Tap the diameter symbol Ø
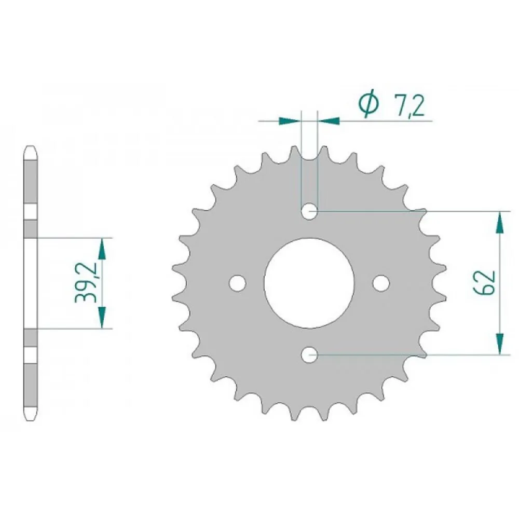click(368, 103)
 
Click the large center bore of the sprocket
click(309, 283)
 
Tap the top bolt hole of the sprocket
click(309, 211)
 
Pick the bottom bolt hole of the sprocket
click(309, 355)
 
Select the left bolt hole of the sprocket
click(238, 283)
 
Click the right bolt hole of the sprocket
click(381, 283)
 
